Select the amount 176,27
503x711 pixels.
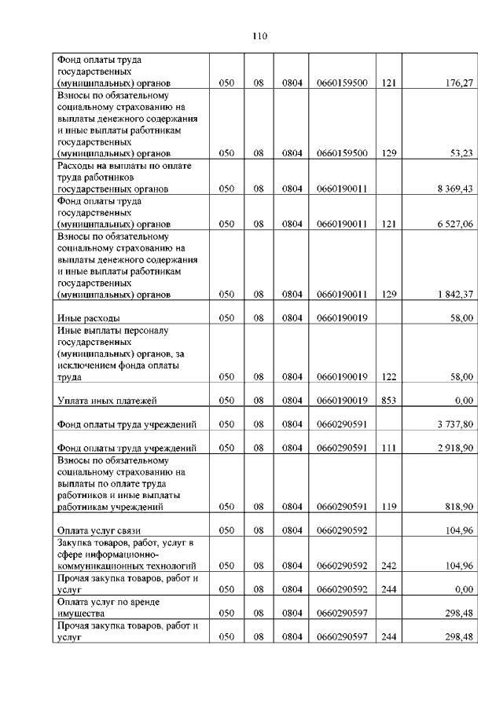click(456, 82)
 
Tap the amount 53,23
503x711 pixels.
click(461, 153)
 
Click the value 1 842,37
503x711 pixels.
click(451, 295)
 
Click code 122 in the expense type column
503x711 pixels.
click(387, 377)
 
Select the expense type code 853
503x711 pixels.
click(387, 401)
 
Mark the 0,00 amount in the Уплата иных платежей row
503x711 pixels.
click(463, 401)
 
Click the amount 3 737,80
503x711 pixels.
click(451, 424)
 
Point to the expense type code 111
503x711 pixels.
click(387, 448)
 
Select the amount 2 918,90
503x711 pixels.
click(451, 448)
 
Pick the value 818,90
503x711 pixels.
click(458, 508)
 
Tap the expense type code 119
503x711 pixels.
click(387, 508)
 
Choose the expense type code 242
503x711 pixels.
click(387, 566)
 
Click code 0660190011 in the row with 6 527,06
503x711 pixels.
click(342, 224)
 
